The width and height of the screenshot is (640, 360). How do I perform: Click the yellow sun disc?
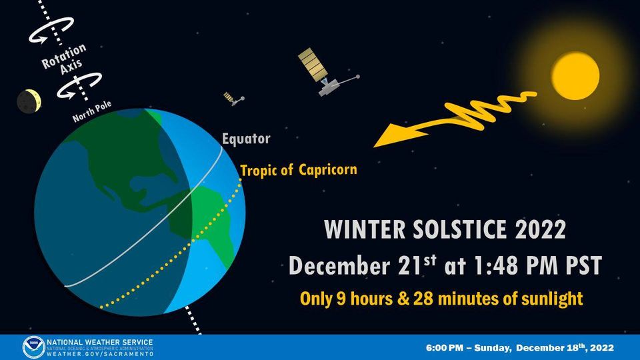click(x=576, y=75)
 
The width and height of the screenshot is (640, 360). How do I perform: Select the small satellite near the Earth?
click(x=233, y=99)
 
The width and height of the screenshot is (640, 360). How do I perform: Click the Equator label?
click(x=246, y=139)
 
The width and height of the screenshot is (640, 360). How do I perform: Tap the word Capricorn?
click(x=327, y=169)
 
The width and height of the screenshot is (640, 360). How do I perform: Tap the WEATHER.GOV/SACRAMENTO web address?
click(x=99, y=354)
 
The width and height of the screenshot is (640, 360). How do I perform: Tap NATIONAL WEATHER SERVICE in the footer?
click(x=99, y=342)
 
